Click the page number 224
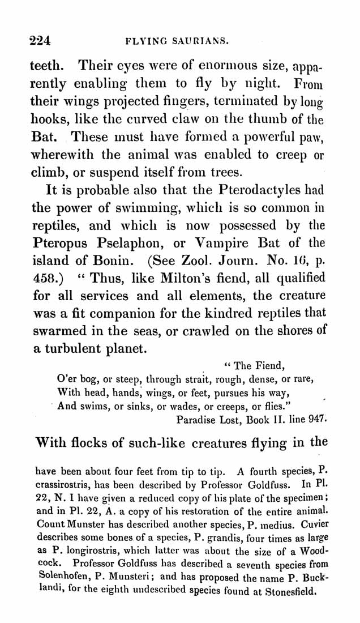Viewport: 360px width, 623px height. pyautogui.click(x=40, y=40)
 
